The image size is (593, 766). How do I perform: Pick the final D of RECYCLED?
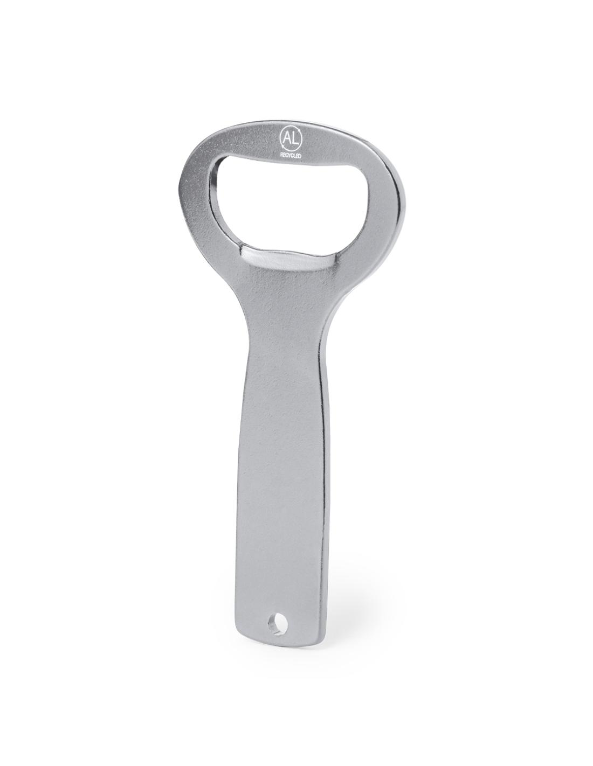coord(300,155)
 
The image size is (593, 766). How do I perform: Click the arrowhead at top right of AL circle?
coord(299,132)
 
